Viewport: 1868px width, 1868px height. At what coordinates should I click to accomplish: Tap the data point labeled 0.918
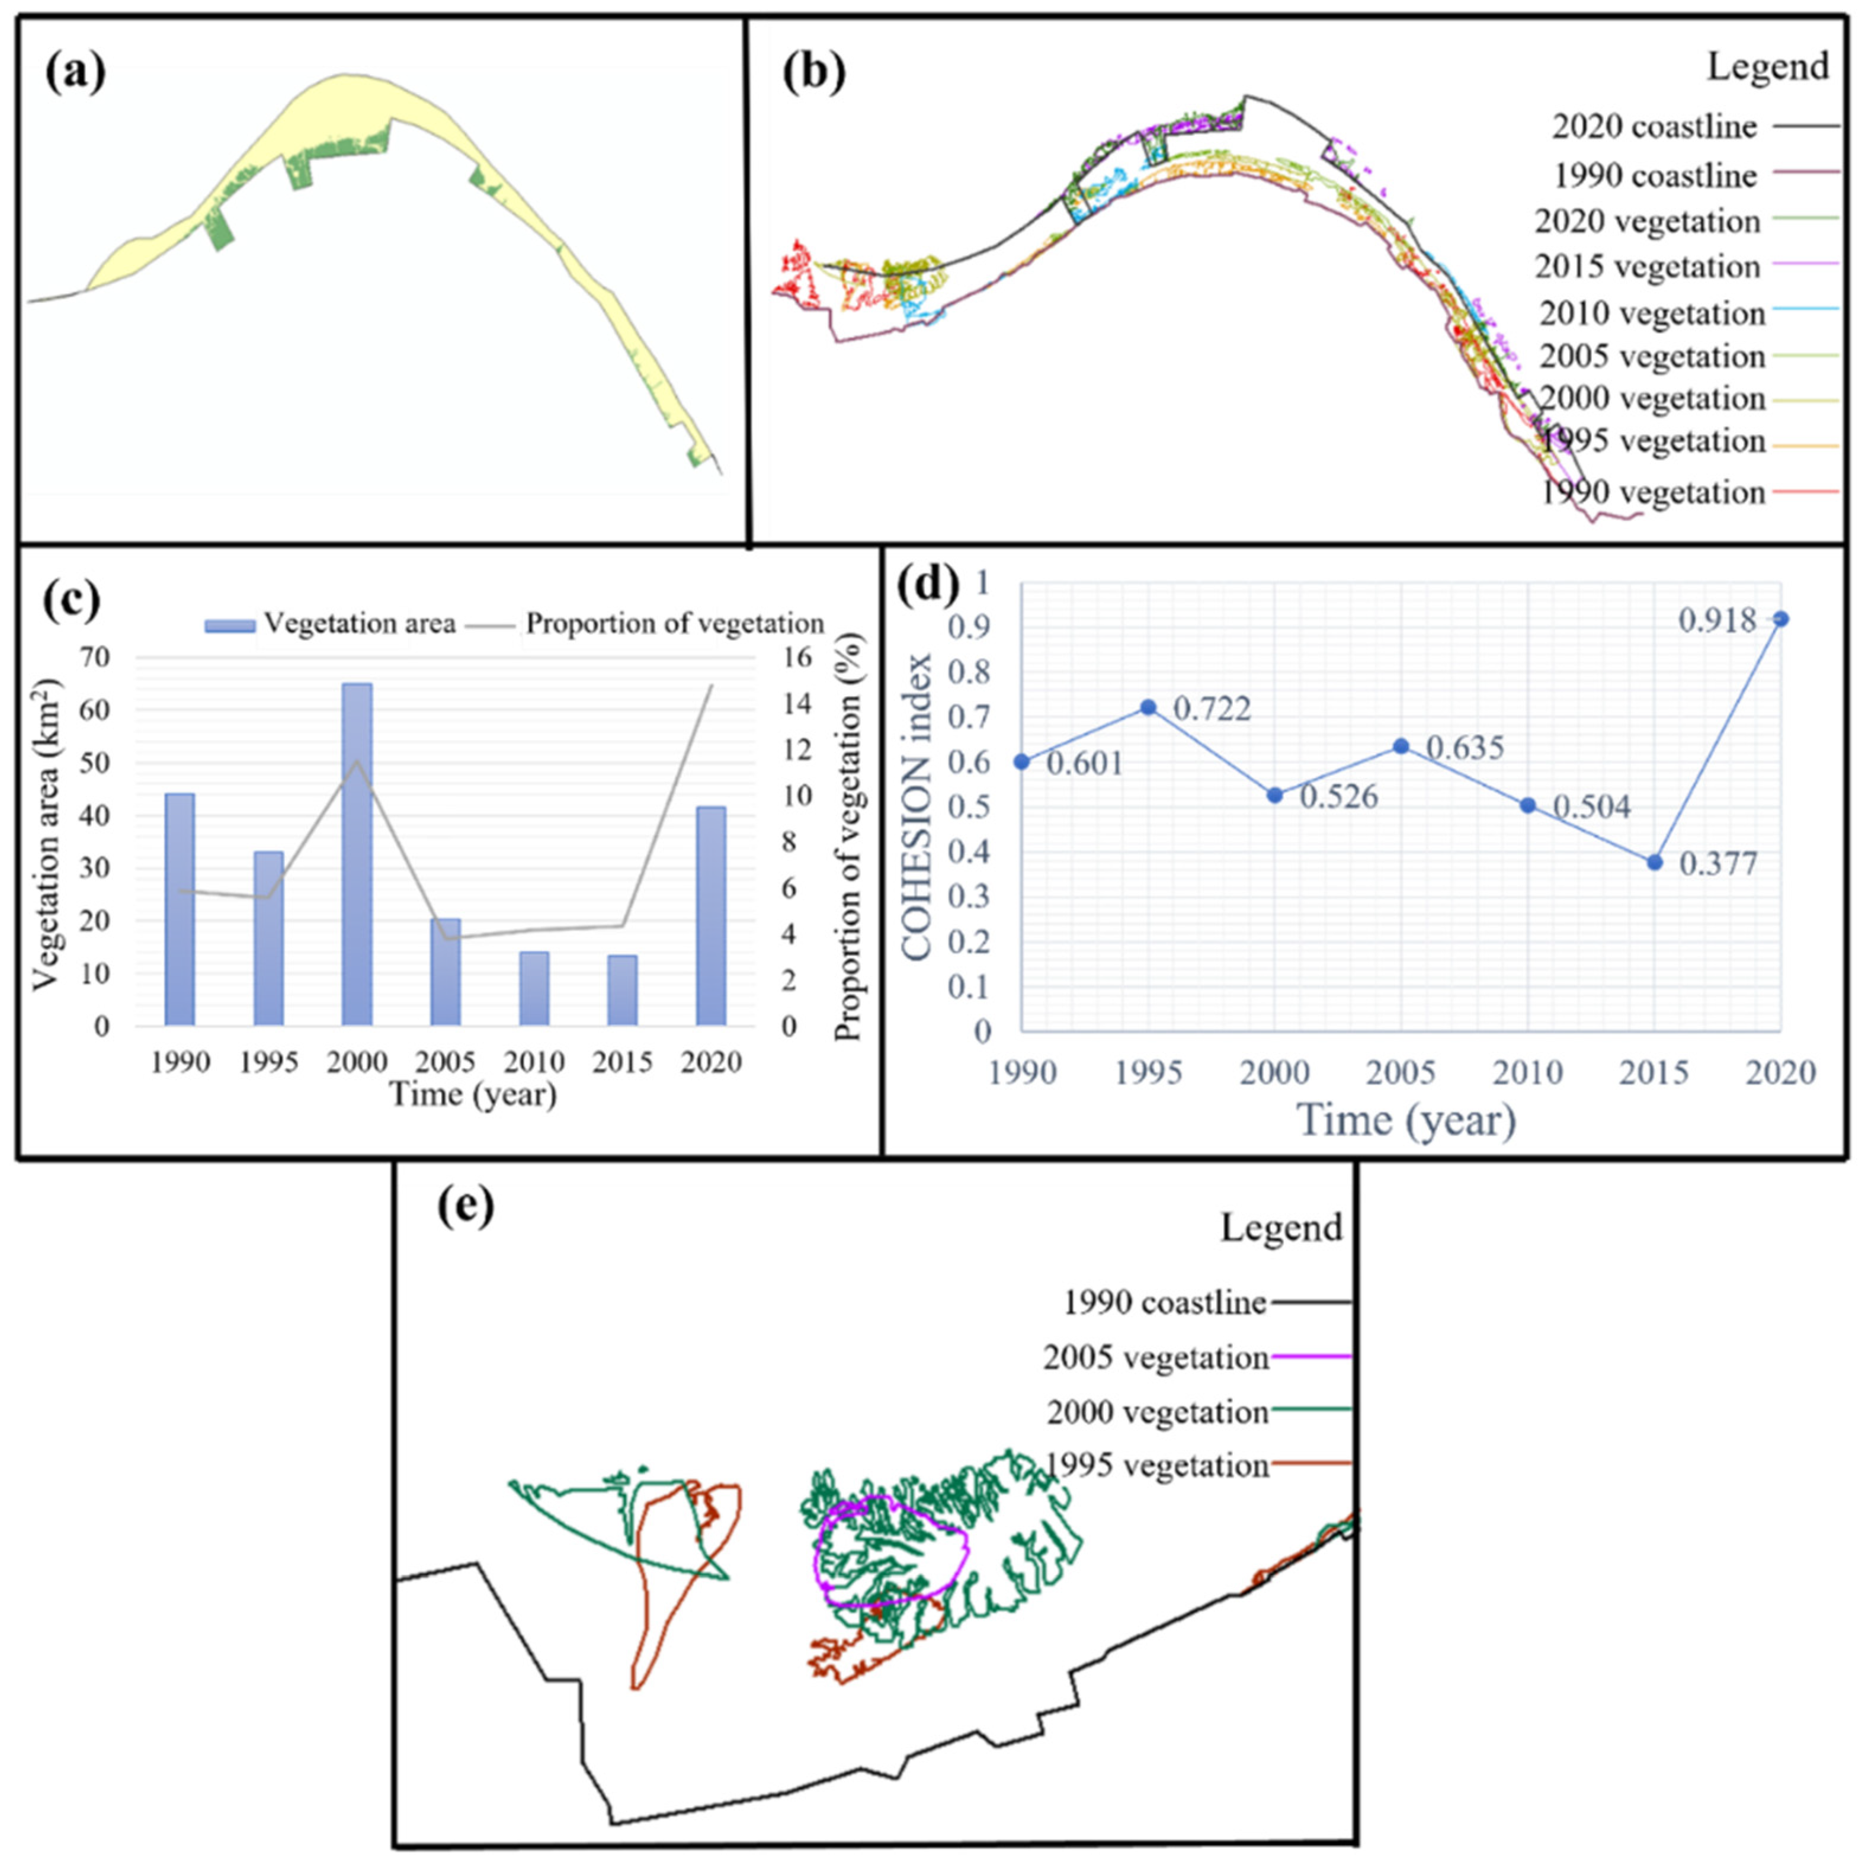[1781, 619]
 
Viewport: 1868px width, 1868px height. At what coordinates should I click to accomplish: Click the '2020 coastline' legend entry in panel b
[1654, 127]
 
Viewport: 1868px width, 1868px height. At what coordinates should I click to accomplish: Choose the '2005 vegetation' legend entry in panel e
[1155, 1357]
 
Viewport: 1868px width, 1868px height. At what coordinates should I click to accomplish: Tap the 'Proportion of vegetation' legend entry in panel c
[674, 624]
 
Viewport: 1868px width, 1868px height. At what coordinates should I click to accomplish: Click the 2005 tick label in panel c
[446, 1062]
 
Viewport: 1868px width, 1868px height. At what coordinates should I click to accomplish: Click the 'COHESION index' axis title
[918, 808]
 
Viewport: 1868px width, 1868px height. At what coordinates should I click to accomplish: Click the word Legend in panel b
[1767, 67]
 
